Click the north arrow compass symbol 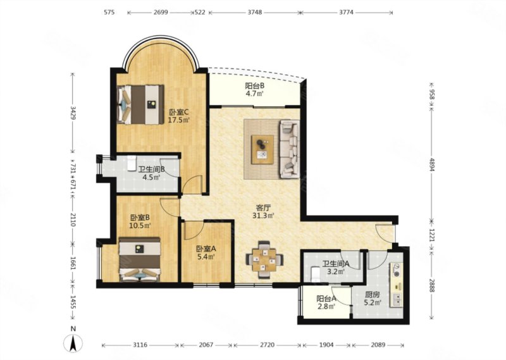73,343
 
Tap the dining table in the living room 264,259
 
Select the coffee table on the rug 262,149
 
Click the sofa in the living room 290,149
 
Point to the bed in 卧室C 140,104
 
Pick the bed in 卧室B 140,259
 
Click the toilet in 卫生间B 131,163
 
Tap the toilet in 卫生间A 315,274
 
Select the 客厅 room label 263,208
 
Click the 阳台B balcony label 255,86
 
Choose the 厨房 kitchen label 372,295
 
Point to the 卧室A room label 206,249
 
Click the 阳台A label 326,299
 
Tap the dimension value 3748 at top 255,12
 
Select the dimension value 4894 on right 432,164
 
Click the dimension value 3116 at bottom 140,345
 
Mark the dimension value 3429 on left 73,113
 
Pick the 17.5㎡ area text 179,120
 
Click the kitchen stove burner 397,270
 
